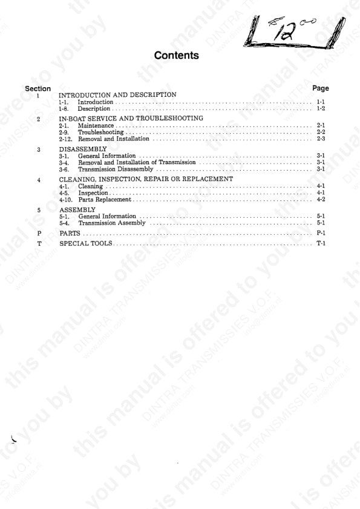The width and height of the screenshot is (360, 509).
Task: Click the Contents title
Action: [x=176, y=56]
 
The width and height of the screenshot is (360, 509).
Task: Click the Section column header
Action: [x=38, y=88]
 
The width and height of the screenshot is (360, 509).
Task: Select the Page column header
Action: [x=321, y=88]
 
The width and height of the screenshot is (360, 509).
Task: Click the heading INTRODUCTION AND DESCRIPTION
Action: [x=117, y=95]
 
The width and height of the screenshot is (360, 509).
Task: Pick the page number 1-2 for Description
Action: [x=321, y=109]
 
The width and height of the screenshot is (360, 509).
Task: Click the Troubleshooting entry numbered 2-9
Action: [x=101, y=132]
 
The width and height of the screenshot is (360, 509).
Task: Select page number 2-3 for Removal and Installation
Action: [x=321, y=139]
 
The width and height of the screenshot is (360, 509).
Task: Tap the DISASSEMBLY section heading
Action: [x=83, y=148]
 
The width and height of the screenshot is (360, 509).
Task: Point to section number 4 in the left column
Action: [x=38, y=180]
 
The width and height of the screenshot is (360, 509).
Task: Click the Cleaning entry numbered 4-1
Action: [x=91, y=186]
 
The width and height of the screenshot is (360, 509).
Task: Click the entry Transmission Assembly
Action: [x=112, y=223]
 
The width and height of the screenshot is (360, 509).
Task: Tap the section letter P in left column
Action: [x=39, y=232]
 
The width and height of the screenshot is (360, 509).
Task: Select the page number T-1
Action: [x=321, y=243]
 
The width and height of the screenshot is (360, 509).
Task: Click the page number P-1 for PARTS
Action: [x=321, y=232]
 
